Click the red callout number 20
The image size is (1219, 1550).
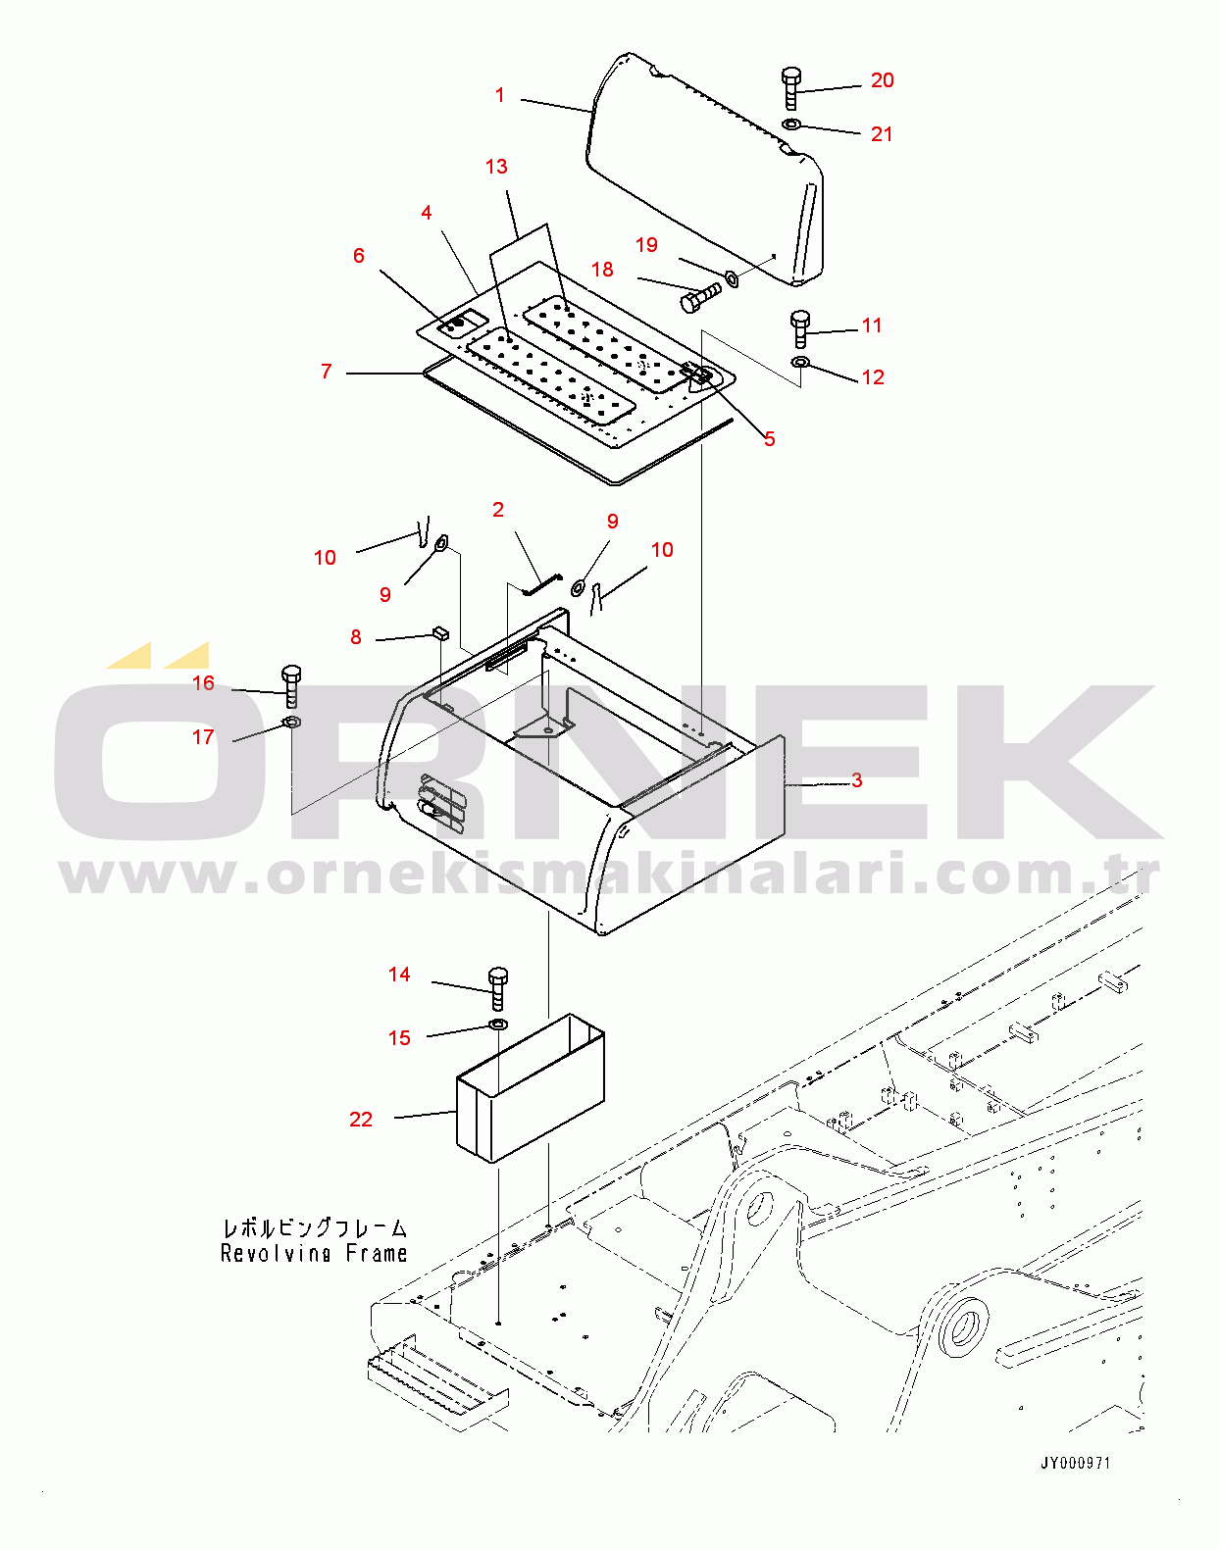[882, 80]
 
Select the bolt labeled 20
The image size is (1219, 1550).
[791, 88]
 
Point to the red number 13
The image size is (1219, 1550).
[496, 167]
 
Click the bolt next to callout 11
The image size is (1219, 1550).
[800, 328]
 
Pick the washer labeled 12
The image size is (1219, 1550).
[800, 361]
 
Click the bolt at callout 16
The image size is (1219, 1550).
[290, 686]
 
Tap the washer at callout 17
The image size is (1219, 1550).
[292, 722]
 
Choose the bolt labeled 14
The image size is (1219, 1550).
[498, 989]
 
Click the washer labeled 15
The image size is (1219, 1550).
[498, 1025]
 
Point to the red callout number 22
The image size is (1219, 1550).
[361, 1120]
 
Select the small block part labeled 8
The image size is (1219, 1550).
[440, 633]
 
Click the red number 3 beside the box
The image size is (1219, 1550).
[856, 780]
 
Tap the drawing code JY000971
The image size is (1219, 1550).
[1076, 1463]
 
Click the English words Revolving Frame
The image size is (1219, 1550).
[314, 1253]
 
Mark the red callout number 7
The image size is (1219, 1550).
[327, 371]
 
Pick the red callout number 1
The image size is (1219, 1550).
[500, 95]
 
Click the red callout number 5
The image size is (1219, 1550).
[770, 438]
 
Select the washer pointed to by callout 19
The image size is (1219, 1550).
[731, 278]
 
